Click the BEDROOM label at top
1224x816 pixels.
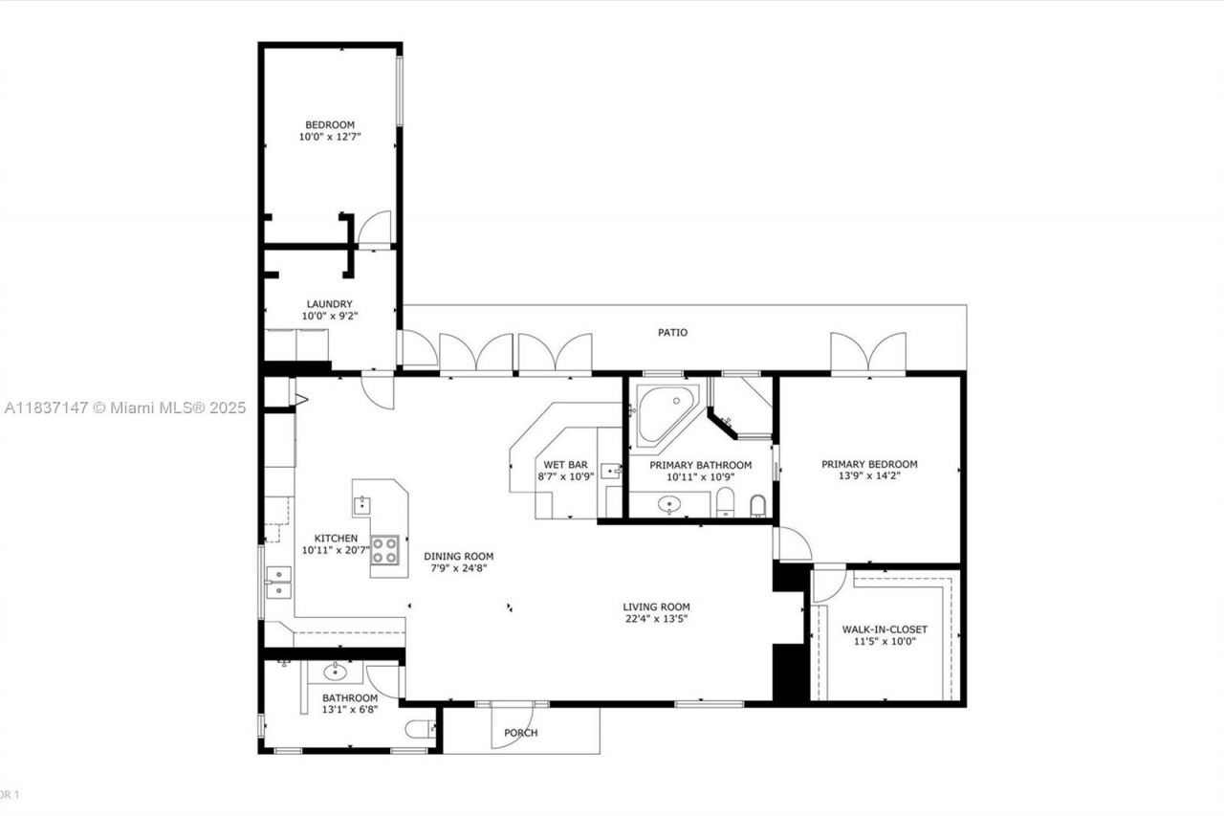[330, 124]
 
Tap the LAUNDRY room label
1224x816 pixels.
[330, 304]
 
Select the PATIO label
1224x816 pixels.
[671, 333]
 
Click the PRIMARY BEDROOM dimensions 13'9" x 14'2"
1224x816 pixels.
[868, 475]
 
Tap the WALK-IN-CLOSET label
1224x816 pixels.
[885, 629]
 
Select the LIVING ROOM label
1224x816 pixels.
[656, 606]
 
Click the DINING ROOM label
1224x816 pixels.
[459, 556]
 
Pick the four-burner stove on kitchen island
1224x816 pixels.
[385, 549]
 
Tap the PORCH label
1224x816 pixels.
[520, 733]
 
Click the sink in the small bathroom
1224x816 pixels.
[336, 672]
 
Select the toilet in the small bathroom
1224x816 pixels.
[419, 730]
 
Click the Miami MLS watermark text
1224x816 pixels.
[124, 408]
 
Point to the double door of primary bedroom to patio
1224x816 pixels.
[867, 353]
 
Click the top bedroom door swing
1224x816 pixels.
[375, 228]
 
